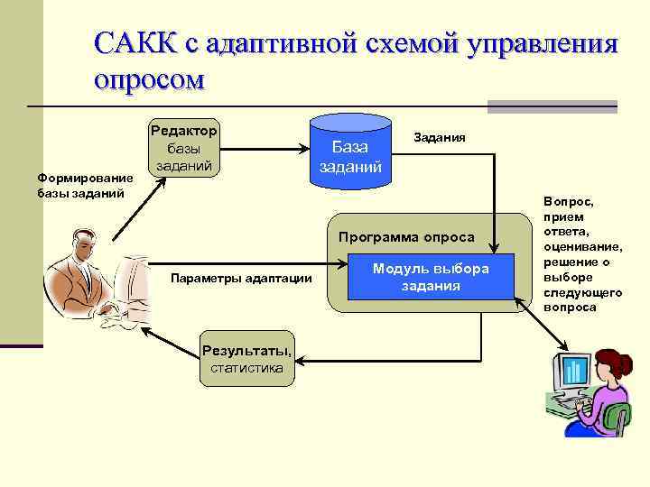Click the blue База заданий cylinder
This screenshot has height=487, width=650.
(x=349, y=152)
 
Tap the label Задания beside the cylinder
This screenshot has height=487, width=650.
(x=439, y=138)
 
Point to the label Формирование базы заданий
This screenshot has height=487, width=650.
(x=84, y=187)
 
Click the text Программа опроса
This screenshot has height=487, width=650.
(x=405, y=237)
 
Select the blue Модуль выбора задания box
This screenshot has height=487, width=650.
(x=431, y=278)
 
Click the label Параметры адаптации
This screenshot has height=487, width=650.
(x=241, y=278)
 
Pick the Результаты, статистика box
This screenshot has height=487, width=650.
(x=246, y=358)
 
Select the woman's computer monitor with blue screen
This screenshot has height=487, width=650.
(x=571, y=373)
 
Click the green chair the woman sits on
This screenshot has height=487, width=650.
(x=616, y=420)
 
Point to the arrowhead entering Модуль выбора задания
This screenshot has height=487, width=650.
(x=343, y=268)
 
